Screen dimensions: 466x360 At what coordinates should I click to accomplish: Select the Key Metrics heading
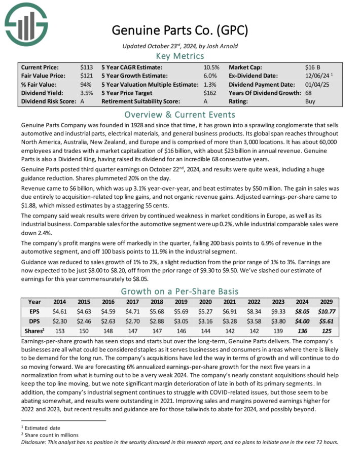[180, 56]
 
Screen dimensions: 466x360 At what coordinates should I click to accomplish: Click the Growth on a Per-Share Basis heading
[180, 292]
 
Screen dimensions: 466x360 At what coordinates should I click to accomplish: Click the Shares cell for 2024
[303, 331]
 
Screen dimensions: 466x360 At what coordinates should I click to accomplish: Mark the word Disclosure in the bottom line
[36, 441]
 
